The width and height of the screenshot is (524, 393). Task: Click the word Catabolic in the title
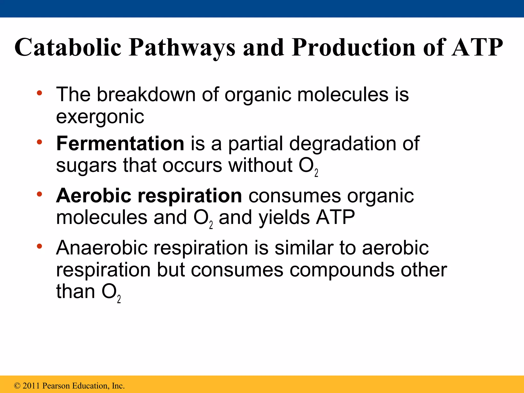click(68, 47)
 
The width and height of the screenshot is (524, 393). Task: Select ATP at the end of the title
click(477, 47)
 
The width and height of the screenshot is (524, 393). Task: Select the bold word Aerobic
click(94, 196)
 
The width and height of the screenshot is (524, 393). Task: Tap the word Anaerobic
click(102, 248)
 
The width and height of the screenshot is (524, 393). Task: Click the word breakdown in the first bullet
click(146, 94)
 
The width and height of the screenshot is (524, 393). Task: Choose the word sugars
click(86, 166)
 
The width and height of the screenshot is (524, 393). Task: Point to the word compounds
click(342, 270)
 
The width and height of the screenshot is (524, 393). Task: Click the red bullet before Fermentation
click(39, 142)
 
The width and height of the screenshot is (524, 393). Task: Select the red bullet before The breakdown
click(39, 93)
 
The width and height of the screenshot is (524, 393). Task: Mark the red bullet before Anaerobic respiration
click(39, 246)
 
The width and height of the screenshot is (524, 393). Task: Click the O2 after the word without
click(308, 166)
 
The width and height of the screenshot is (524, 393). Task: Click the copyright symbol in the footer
click(17, 386)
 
